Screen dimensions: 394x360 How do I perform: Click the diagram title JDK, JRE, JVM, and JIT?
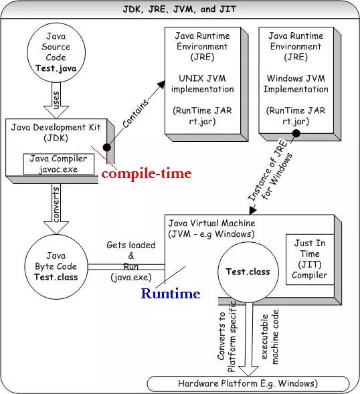180,9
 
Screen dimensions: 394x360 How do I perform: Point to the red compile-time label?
146,174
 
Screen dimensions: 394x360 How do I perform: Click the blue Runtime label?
170,294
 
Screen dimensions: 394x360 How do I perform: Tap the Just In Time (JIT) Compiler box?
310,260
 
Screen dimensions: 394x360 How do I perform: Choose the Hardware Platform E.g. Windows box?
248,383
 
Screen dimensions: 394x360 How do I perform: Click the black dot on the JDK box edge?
106,147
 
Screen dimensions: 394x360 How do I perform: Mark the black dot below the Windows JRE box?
294,133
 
